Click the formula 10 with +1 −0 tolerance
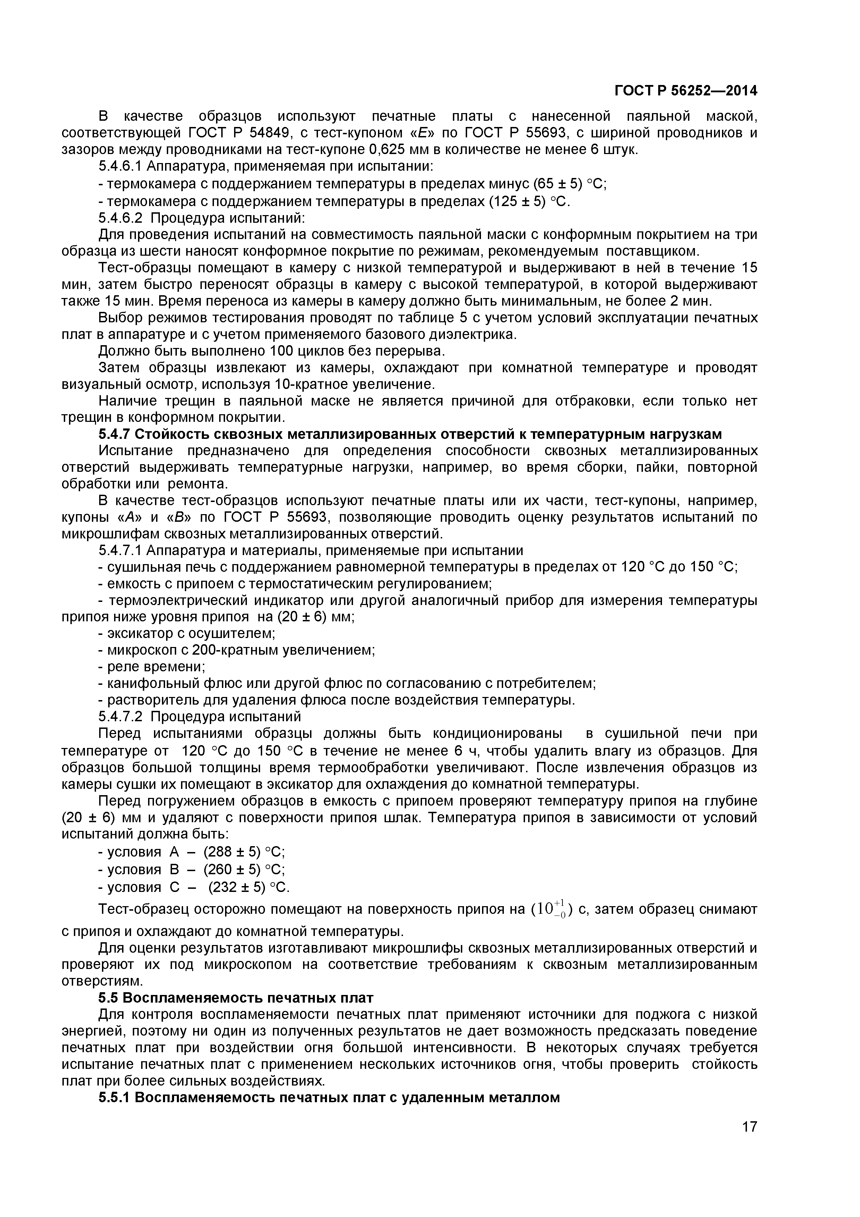click(551, 910)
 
